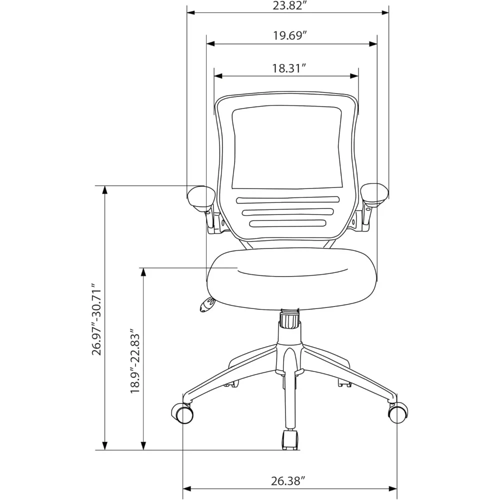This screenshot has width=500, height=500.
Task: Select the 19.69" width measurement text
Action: pos(290,35)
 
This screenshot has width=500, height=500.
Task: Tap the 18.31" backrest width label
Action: pos(289,68)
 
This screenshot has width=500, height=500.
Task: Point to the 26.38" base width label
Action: pos(288,481)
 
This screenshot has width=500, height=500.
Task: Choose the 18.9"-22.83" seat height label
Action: pos(134,361)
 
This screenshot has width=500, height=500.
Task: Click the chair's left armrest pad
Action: pos(201,196)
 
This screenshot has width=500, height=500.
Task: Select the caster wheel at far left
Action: pos(183,414)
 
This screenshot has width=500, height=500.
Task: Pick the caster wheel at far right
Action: pos(395,413)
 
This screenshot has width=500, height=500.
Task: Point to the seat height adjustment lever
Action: pos(206,304)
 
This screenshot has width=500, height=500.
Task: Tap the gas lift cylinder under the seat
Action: pos(289,320)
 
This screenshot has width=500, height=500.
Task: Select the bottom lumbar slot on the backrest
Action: pos(287,223)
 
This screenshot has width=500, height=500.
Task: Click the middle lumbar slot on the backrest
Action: pos(287,211)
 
